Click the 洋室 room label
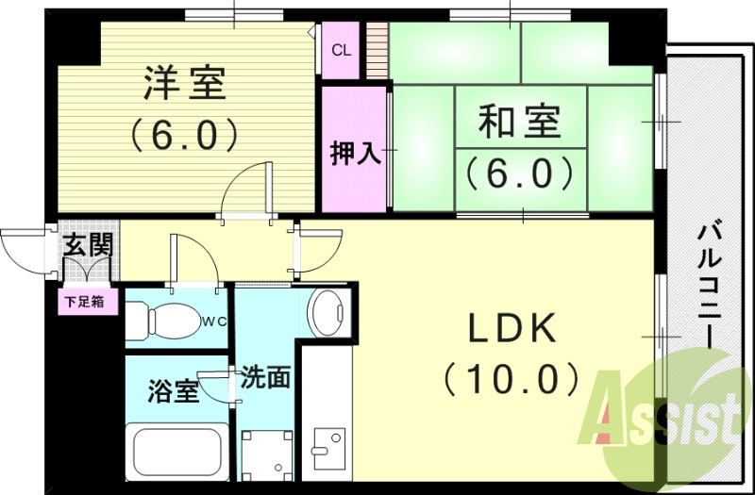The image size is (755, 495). pos(185,84)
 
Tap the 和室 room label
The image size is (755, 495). pos(519,123)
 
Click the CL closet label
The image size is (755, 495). pos(341,50)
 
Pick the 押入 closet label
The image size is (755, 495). pos(355,154)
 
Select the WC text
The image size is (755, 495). pos(216,321)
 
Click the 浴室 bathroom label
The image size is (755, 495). pos(174,391)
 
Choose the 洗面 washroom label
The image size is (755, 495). pos(265,377)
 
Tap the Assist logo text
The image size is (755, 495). pos(665,415)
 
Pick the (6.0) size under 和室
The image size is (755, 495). pos(518,172)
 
